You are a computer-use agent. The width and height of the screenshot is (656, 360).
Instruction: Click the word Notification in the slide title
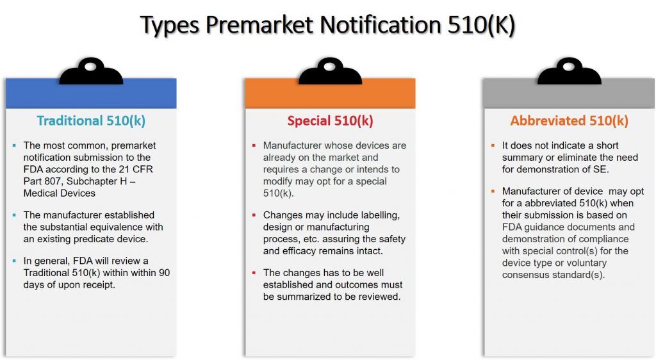pyautogui.click(x=379, y=25)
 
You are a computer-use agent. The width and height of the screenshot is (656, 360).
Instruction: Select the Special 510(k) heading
pyautogui.click(x=330, y=120)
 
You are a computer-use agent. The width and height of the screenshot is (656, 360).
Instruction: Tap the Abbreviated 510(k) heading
pyautogui.click(x=569, y=120)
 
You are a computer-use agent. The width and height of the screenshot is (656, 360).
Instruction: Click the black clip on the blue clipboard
pyautogui.click(x=91, y=72)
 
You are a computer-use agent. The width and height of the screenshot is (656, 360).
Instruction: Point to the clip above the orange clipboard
pyautogui.click(x=330, y=72)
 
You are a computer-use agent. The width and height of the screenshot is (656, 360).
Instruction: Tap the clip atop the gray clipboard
pyautogui.click(x=569, y=72)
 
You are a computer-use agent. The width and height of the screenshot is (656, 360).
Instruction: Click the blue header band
pyautogui.click(x=91, y=95)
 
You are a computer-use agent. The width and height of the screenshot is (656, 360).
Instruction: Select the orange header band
pyautogui.click(x=330, y=95)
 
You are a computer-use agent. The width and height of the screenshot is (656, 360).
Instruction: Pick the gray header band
pyautogui.click(x=569, y=95)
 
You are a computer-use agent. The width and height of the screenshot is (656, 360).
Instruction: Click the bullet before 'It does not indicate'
pyautogui.click(x=493, y=145)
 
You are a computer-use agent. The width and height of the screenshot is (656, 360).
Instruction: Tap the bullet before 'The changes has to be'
pyautogui.click(x=254, y=273)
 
